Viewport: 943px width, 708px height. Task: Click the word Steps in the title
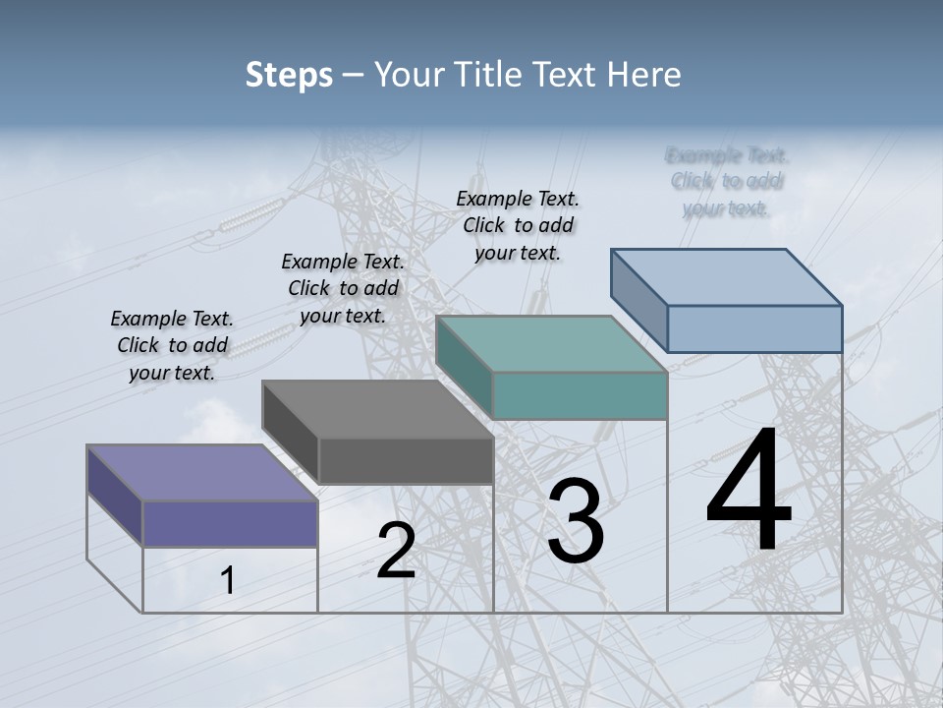(x=289, y=75)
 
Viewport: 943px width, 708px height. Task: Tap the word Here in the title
(x=644, y=75)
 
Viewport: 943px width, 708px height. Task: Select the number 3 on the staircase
(x=575, y=521)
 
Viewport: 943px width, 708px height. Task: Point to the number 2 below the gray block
(x=396, y=551)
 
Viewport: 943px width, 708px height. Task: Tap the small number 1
(x=228, y=580)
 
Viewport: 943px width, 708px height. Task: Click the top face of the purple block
(x=201, y=472)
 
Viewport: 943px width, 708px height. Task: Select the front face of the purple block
(x=230, y=522)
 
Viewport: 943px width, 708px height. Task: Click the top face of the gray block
(x=376, y=408)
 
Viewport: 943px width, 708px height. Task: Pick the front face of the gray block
(x=405, y=460)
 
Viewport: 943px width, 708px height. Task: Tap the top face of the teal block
(x=550, y=343)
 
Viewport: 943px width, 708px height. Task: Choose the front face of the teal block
(x=580, y=395)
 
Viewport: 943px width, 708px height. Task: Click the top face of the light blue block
(x=726, y=276)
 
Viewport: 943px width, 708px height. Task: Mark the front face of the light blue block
(x=754, y=327)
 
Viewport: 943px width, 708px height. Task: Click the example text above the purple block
(x=172, y=345)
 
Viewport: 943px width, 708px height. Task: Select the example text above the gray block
(x=343, y=288)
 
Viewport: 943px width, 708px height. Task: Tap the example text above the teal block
(x=518, y=225)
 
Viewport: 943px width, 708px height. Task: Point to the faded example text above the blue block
(x=727, y=181)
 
